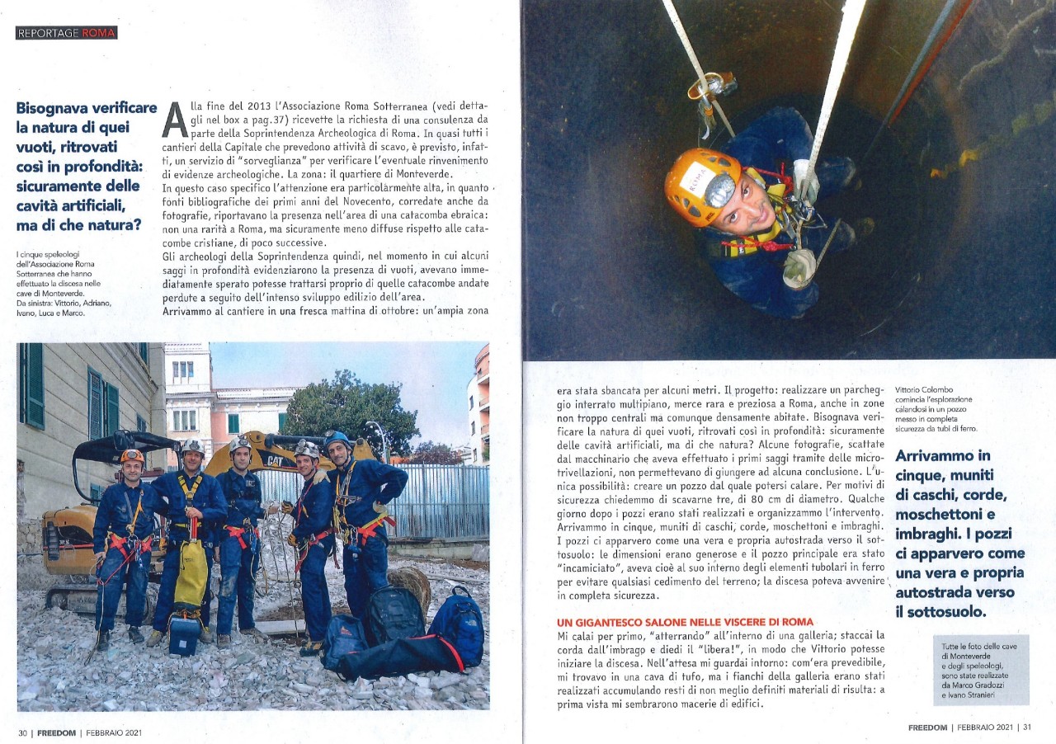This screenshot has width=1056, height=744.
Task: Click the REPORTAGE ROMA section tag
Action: tap(66, 33)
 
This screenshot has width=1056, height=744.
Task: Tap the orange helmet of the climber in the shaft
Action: tap(698, 186)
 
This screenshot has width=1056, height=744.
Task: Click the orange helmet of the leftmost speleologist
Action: tap(131, 455)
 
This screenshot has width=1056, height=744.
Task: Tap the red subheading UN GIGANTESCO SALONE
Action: tap(685, 621)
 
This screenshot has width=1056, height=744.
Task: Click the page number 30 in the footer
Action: tap(23, 732)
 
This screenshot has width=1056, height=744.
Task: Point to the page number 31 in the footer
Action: tap(1026, 728)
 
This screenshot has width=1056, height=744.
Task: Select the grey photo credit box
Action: tap(980, 669)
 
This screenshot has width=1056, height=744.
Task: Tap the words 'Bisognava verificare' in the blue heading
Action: tap(87, 108)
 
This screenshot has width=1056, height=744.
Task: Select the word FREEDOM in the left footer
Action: tap(56, 732)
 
